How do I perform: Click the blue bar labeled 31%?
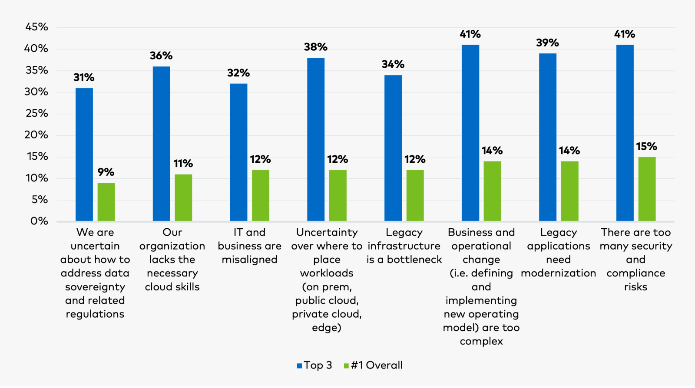pyautogui.click(x=84, y=155)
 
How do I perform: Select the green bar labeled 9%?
pyautogui.click(x=106, y=202)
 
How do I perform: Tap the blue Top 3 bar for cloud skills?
pyautogui.click(x=161, y=144)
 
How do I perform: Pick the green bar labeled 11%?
pyautogui.click(x=183, y=197)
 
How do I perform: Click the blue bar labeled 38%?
pyautogui.click(x=316, y=139)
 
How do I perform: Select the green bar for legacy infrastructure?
pyautogui.click(x=415, y=195)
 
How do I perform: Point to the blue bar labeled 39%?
pyautogui.click(x=548, y=137)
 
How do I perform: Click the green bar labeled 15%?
pyautogui.click(x=647, y=189)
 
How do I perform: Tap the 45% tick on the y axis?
pyautogui.click(x=36, y=27)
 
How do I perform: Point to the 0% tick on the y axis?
pyautogui.click(x=39, y=221)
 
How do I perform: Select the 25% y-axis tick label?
pyautogui.click(x=36, y=114)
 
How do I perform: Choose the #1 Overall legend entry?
pyautogui.click(x=373, y=365)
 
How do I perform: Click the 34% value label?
pyautogui.click(x=393, y=65)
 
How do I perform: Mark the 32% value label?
pyautogui.click(x=238, y=73)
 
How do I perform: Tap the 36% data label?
pyautogui.click(x=161, y=56)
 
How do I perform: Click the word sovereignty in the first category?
pyautogui.click(x=95, y=287)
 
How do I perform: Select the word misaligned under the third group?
pyautogui.click(x=249, y=260)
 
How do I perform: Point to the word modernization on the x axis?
pyautogui.click(x=558, y=273)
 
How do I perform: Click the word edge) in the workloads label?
pyautogui.click(x=327, y=328)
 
